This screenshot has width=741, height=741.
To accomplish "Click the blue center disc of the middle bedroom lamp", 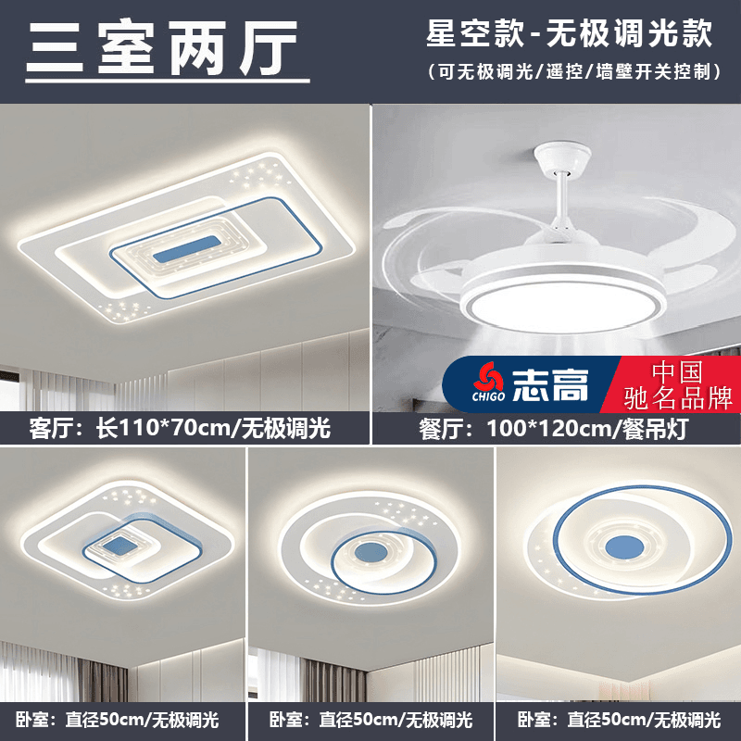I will point(367,550).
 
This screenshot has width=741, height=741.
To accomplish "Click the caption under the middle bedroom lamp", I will point(370,719).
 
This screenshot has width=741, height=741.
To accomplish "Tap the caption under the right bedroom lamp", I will point(618,719).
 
